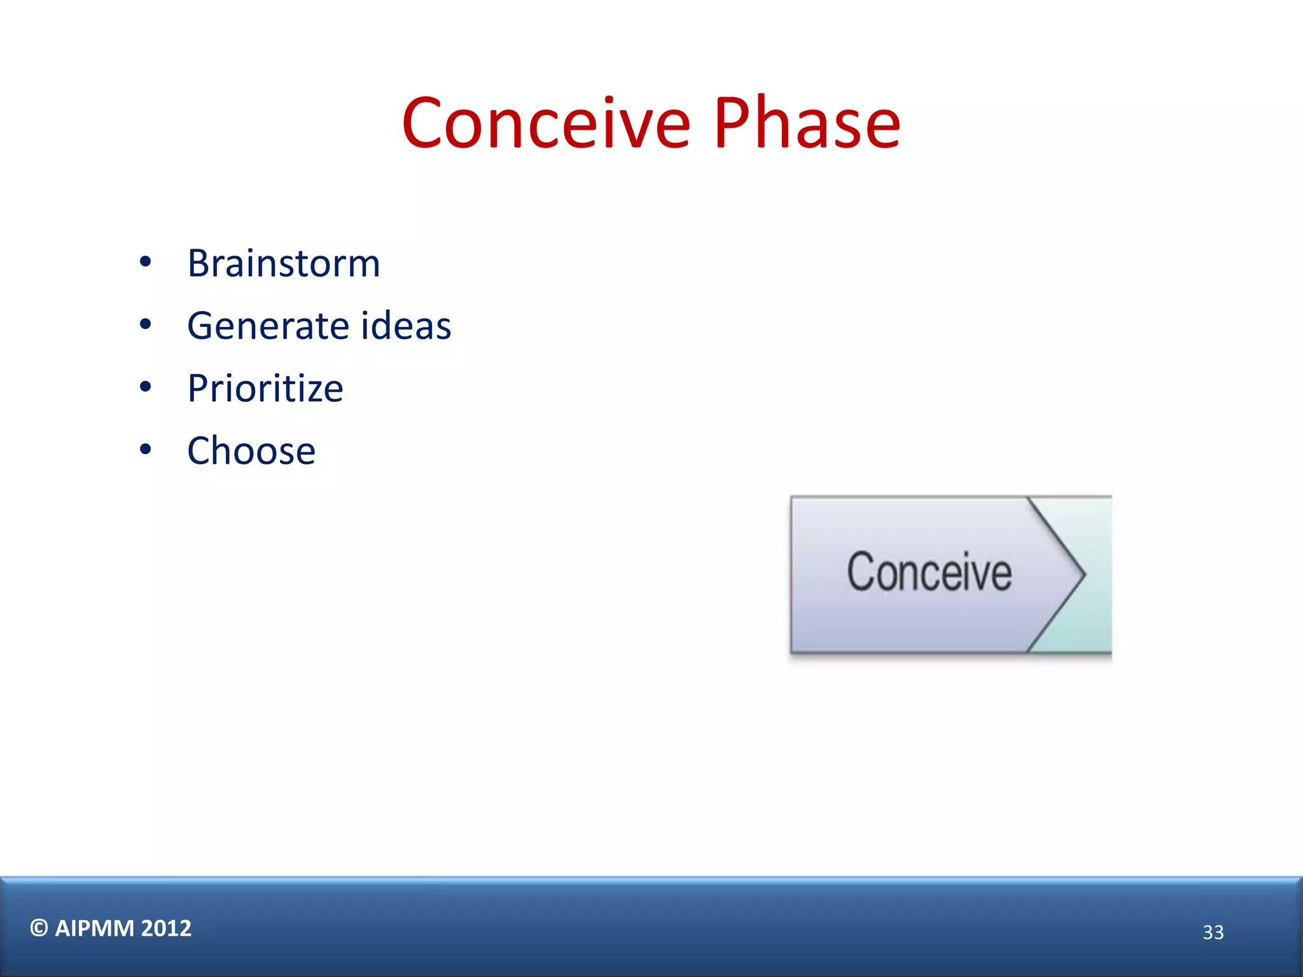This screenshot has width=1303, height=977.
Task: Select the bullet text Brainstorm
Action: [x=284, y=263]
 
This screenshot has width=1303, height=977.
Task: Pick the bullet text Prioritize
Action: [x=265, y=389]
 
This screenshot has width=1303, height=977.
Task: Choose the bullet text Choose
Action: [x=251, y=451]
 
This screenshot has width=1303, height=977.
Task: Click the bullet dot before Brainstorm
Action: [x=146, y=261]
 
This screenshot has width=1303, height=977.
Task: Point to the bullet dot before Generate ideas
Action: [x=146, y=324]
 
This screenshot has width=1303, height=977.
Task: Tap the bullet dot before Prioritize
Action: [x=146, y=387]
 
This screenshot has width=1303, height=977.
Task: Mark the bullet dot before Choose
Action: [x=146, y=449]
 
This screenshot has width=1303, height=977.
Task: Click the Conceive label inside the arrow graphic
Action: [x=929, y=572]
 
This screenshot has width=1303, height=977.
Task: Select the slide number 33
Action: [x=1213, y=932]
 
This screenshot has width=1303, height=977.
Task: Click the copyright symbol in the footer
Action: [x=39, y=928]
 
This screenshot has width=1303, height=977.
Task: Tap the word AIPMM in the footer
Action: [x=94, y=929]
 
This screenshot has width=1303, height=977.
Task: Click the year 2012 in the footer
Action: [x=166, y=929]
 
